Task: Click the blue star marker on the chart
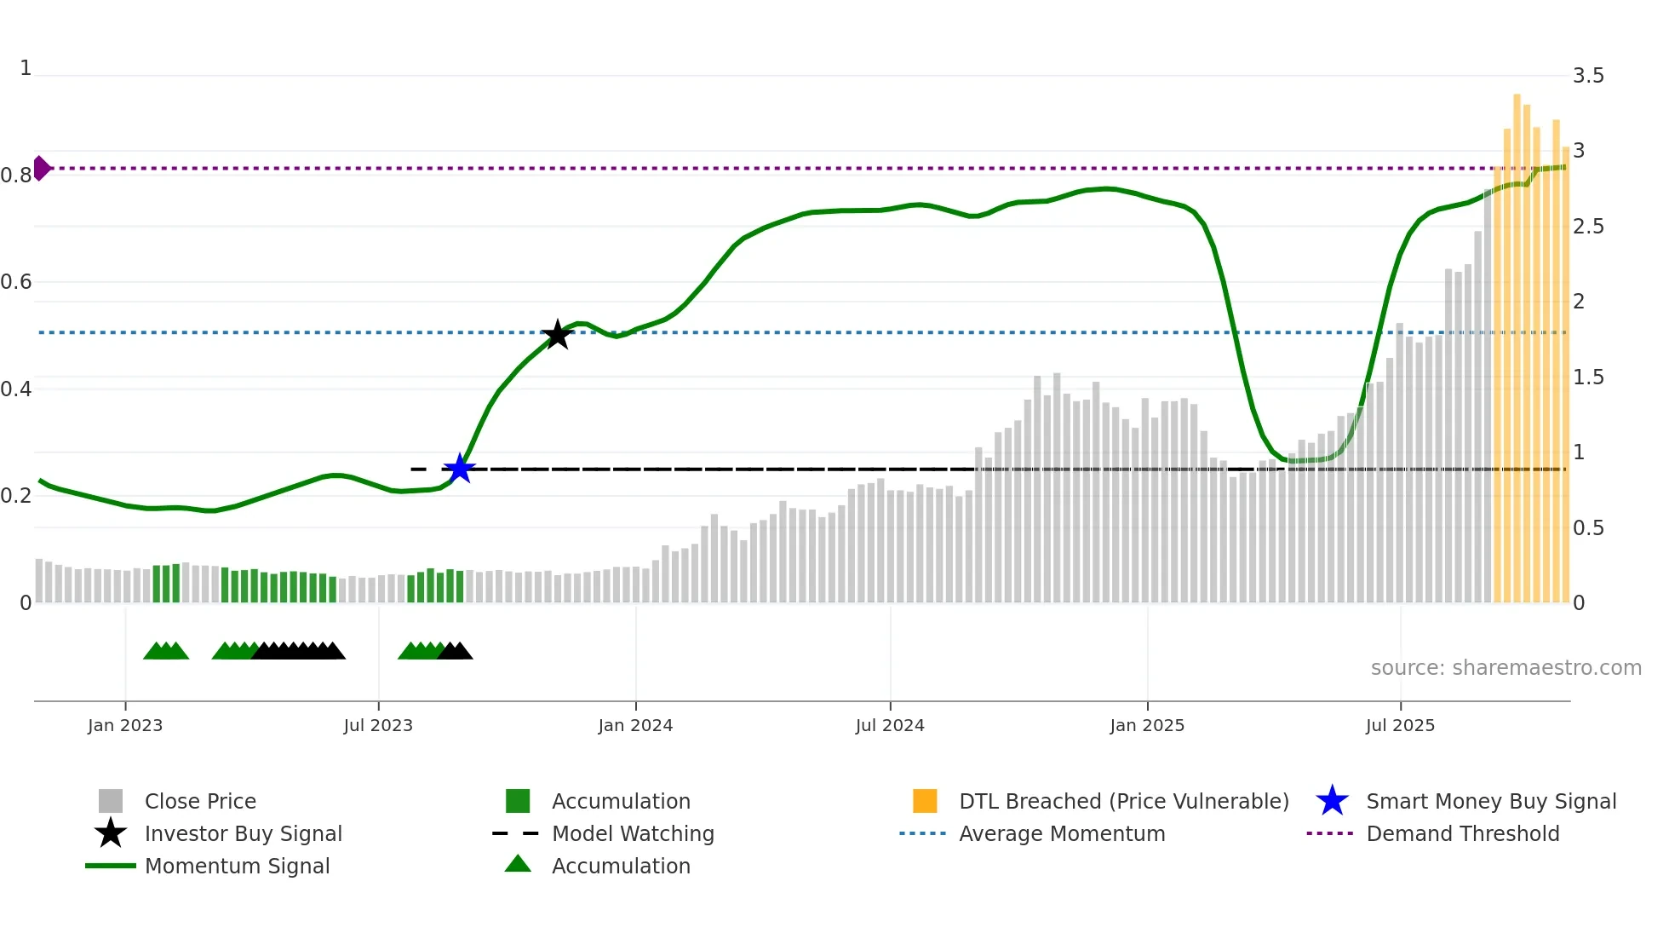460,469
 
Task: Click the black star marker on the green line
557,335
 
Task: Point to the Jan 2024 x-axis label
635,725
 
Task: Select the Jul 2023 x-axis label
378,725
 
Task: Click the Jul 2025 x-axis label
1400,725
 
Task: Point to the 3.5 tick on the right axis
1588,76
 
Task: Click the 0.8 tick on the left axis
16,176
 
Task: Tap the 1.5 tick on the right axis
1588,377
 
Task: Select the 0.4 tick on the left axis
16,389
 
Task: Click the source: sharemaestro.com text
1506,668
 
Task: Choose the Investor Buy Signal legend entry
243,834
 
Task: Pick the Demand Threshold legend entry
1462,834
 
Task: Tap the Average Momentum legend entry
1061,834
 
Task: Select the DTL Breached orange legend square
925,801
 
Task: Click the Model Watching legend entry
632,834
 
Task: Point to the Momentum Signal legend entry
237,867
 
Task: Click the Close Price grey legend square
111,801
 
